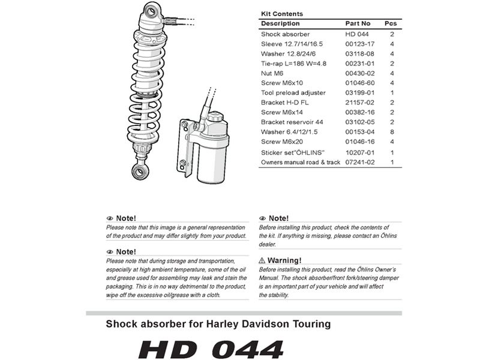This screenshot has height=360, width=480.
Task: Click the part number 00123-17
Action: [x=360, y=44]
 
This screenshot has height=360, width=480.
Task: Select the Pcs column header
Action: [x=391, y=23]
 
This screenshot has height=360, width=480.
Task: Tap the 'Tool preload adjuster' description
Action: [x=293, y=93]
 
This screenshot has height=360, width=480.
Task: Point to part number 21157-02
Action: [x=360, y=103]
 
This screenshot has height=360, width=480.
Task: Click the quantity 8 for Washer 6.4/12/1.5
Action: [x=391, y=132]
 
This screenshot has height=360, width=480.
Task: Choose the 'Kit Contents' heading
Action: [x=282, y=14]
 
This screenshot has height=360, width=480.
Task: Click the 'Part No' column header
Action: [x=358, y=23]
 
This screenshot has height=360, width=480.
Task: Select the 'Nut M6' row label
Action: [x=272, y=73]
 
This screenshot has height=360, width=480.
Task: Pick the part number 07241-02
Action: [x=360, y=162]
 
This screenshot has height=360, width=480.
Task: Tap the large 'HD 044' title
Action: [x=211, y=349]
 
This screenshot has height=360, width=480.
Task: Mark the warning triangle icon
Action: [x=262, y=260]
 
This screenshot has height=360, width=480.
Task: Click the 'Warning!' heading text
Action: [x=284, y=260]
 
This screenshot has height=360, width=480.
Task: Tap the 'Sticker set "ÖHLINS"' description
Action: [x=292, y=152]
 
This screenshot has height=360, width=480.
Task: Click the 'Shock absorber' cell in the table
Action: [x=285, y=34]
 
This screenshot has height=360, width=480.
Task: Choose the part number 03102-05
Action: [x=360, y=122]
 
